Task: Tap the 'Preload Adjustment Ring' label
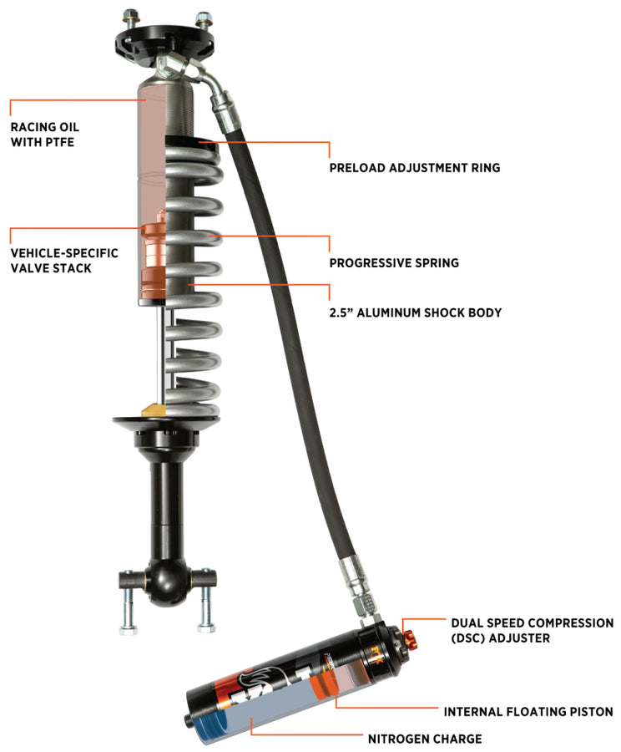pos(415,168)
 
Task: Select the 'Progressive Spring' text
pos(394,262)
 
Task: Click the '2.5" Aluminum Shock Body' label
pos(415,312)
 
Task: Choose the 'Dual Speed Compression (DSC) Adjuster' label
pos(532,631)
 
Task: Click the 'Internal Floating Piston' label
pos(528,712)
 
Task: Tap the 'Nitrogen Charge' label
pos(425,739)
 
